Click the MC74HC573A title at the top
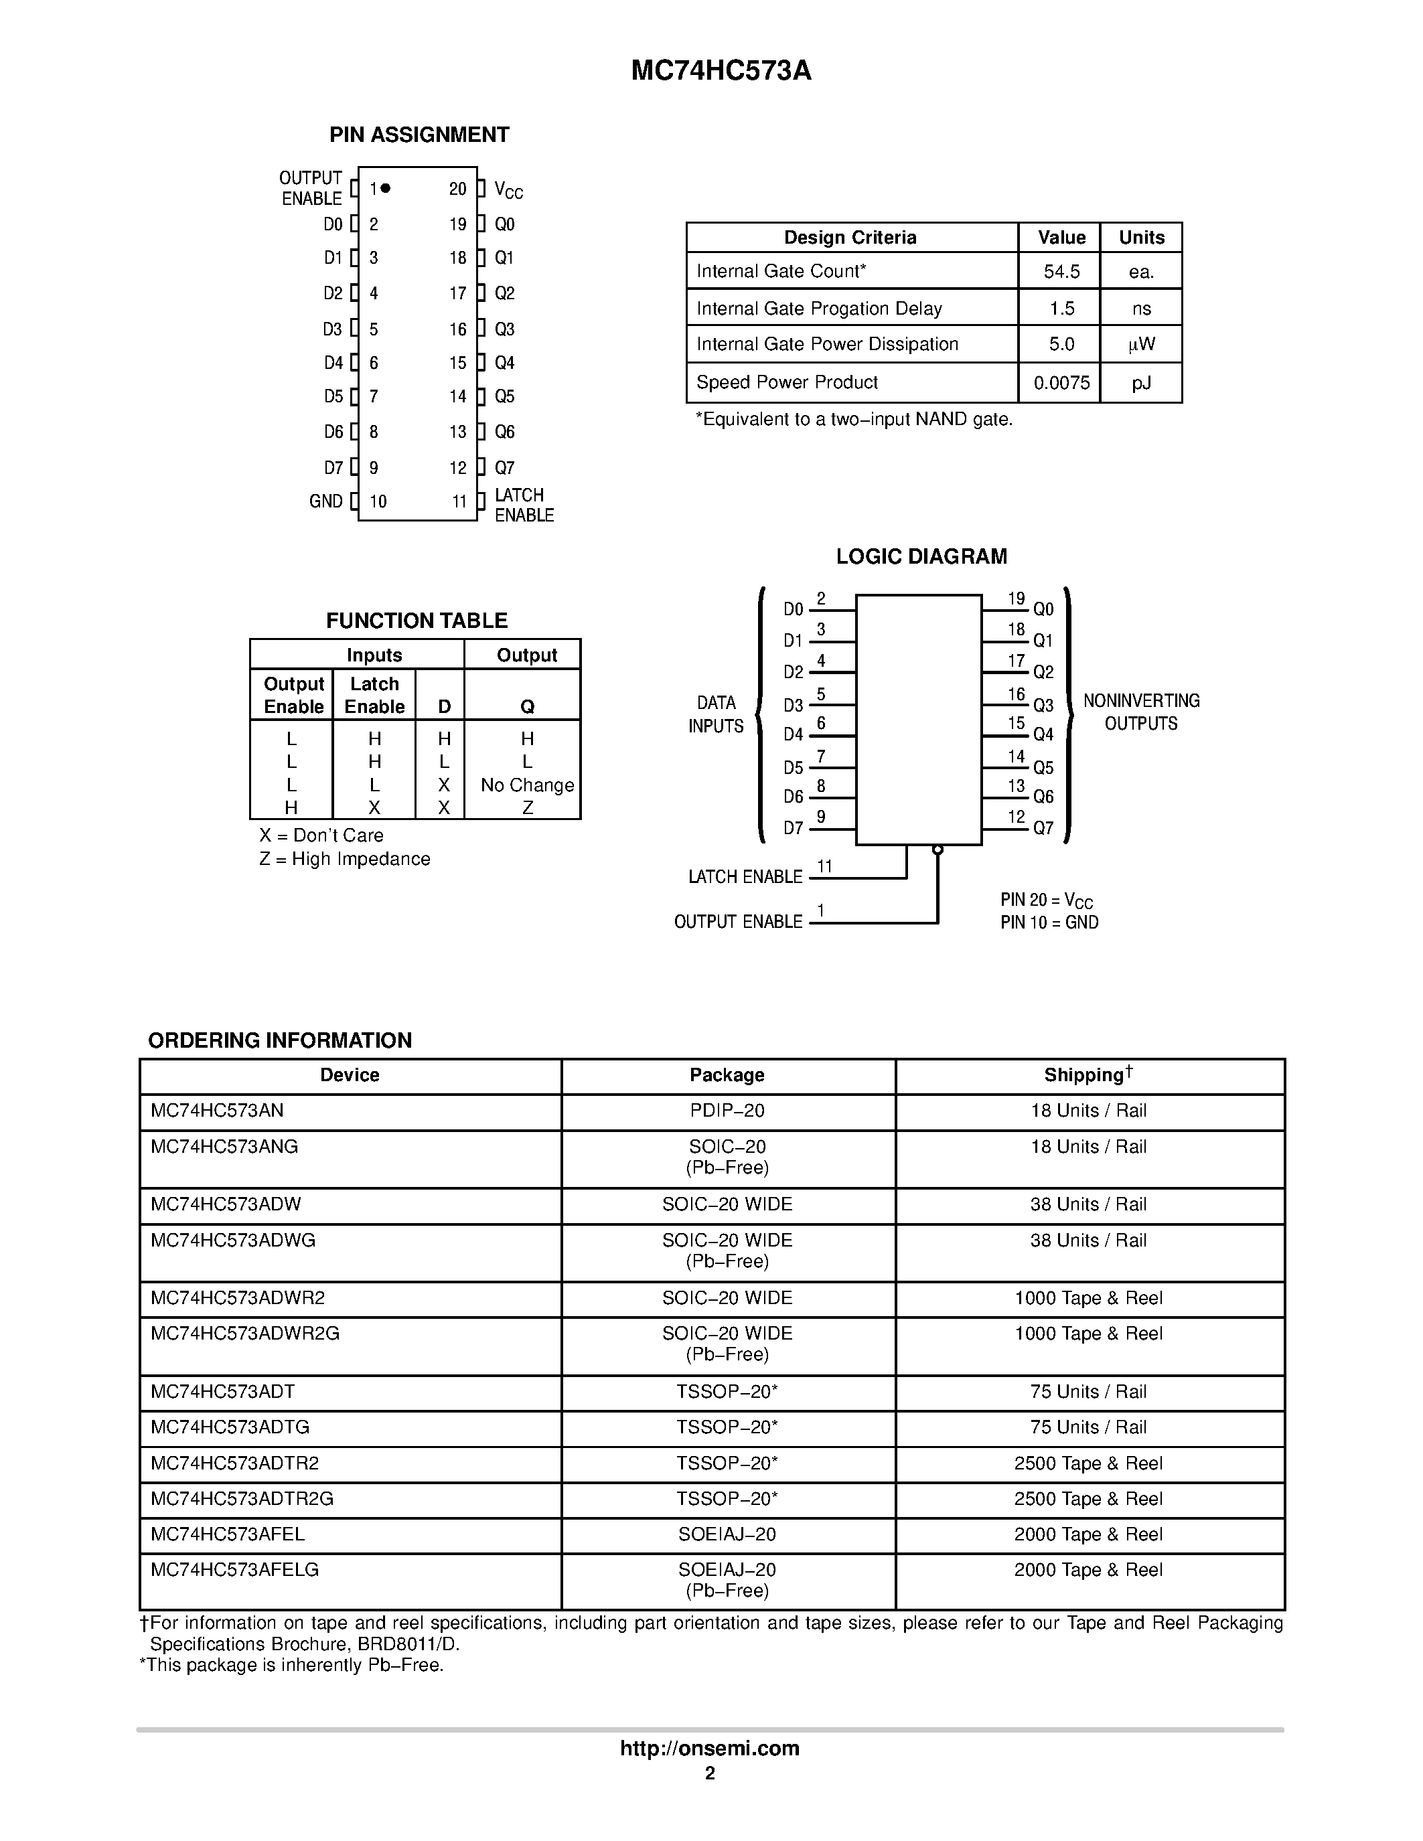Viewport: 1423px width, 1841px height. [x=721, y=71]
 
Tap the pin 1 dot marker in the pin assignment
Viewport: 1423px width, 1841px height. [x=385, y=188]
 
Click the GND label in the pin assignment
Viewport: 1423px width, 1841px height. [x=326, y=501]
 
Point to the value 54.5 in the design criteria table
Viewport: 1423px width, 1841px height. [x=1061, y=271]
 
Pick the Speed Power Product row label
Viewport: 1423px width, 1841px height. [x=787, y=383]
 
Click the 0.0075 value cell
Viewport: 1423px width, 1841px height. [x=1061, y=384]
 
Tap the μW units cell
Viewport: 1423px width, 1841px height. [x=1142, y=345]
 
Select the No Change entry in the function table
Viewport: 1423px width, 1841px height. [x=527, y=785]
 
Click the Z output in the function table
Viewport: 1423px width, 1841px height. [x=528, y=807]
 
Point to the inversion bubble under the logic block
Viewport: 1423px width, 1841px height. [x=938, y=850]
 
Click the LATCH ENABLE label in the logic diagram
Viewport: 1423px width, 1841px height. [x=745, y=878]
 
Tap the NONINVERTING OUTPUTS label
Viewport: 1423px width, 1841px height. [x=1142, y=712]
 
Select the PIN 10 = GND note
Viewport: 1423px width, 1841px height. [x=1049, y=923]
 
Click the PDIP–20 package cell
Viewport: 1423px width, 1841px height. [x=727, y=1111]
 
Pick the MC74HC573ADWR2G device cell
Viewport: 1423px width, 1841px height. [x=244, y=1334]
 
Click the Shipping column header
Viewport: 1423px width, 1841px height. [x=1088, y=1074]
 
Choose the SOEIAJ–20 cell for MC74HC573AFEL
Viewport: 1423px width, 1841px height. [x=727, y=1534]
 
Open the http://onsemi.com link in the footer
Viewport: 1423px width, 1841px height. [x=710, y=1748]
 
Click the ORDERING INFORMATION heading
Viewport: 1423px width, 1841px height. [x=280, y=1040]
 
